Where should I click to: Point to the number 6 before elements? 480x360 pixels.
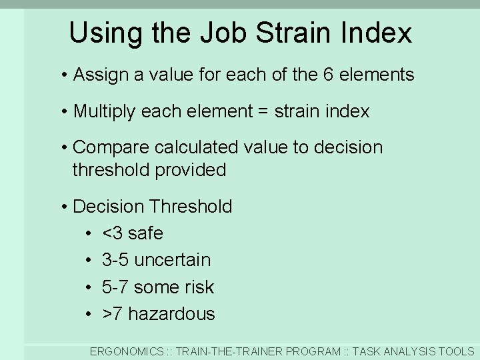coord(328,75)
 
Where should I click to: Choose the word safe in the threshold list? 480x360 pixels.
coord(145,233)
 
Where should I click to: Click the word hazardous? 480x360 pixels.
coord(171,313)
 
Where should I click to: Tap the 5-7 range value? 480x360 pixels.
coord(115,287)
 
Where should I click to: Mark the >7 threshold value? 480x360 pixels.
coord(112,313)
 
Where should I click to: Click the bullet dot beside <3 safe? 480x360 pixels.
coord(88,233)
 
